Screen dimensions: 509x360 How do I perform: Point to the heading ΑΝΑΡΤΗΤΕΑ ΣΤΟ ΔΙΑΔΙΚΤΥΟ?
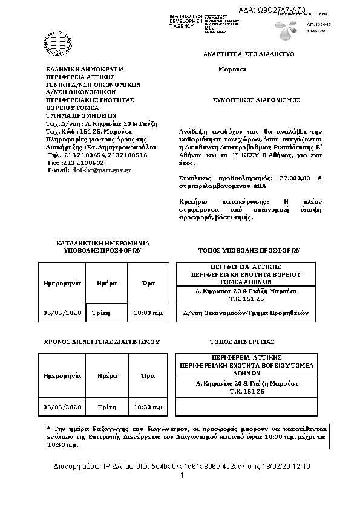coord(248,54)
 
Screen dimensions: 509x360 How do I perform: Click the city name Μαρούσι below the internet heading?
coord(232,69)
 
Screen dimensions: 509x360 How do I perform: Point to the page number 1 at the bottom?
coord(182,476)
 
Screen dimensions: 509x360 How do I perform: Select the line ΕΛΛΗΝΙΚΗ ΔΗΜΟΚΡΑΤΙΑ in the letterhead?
coord(85,70)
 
